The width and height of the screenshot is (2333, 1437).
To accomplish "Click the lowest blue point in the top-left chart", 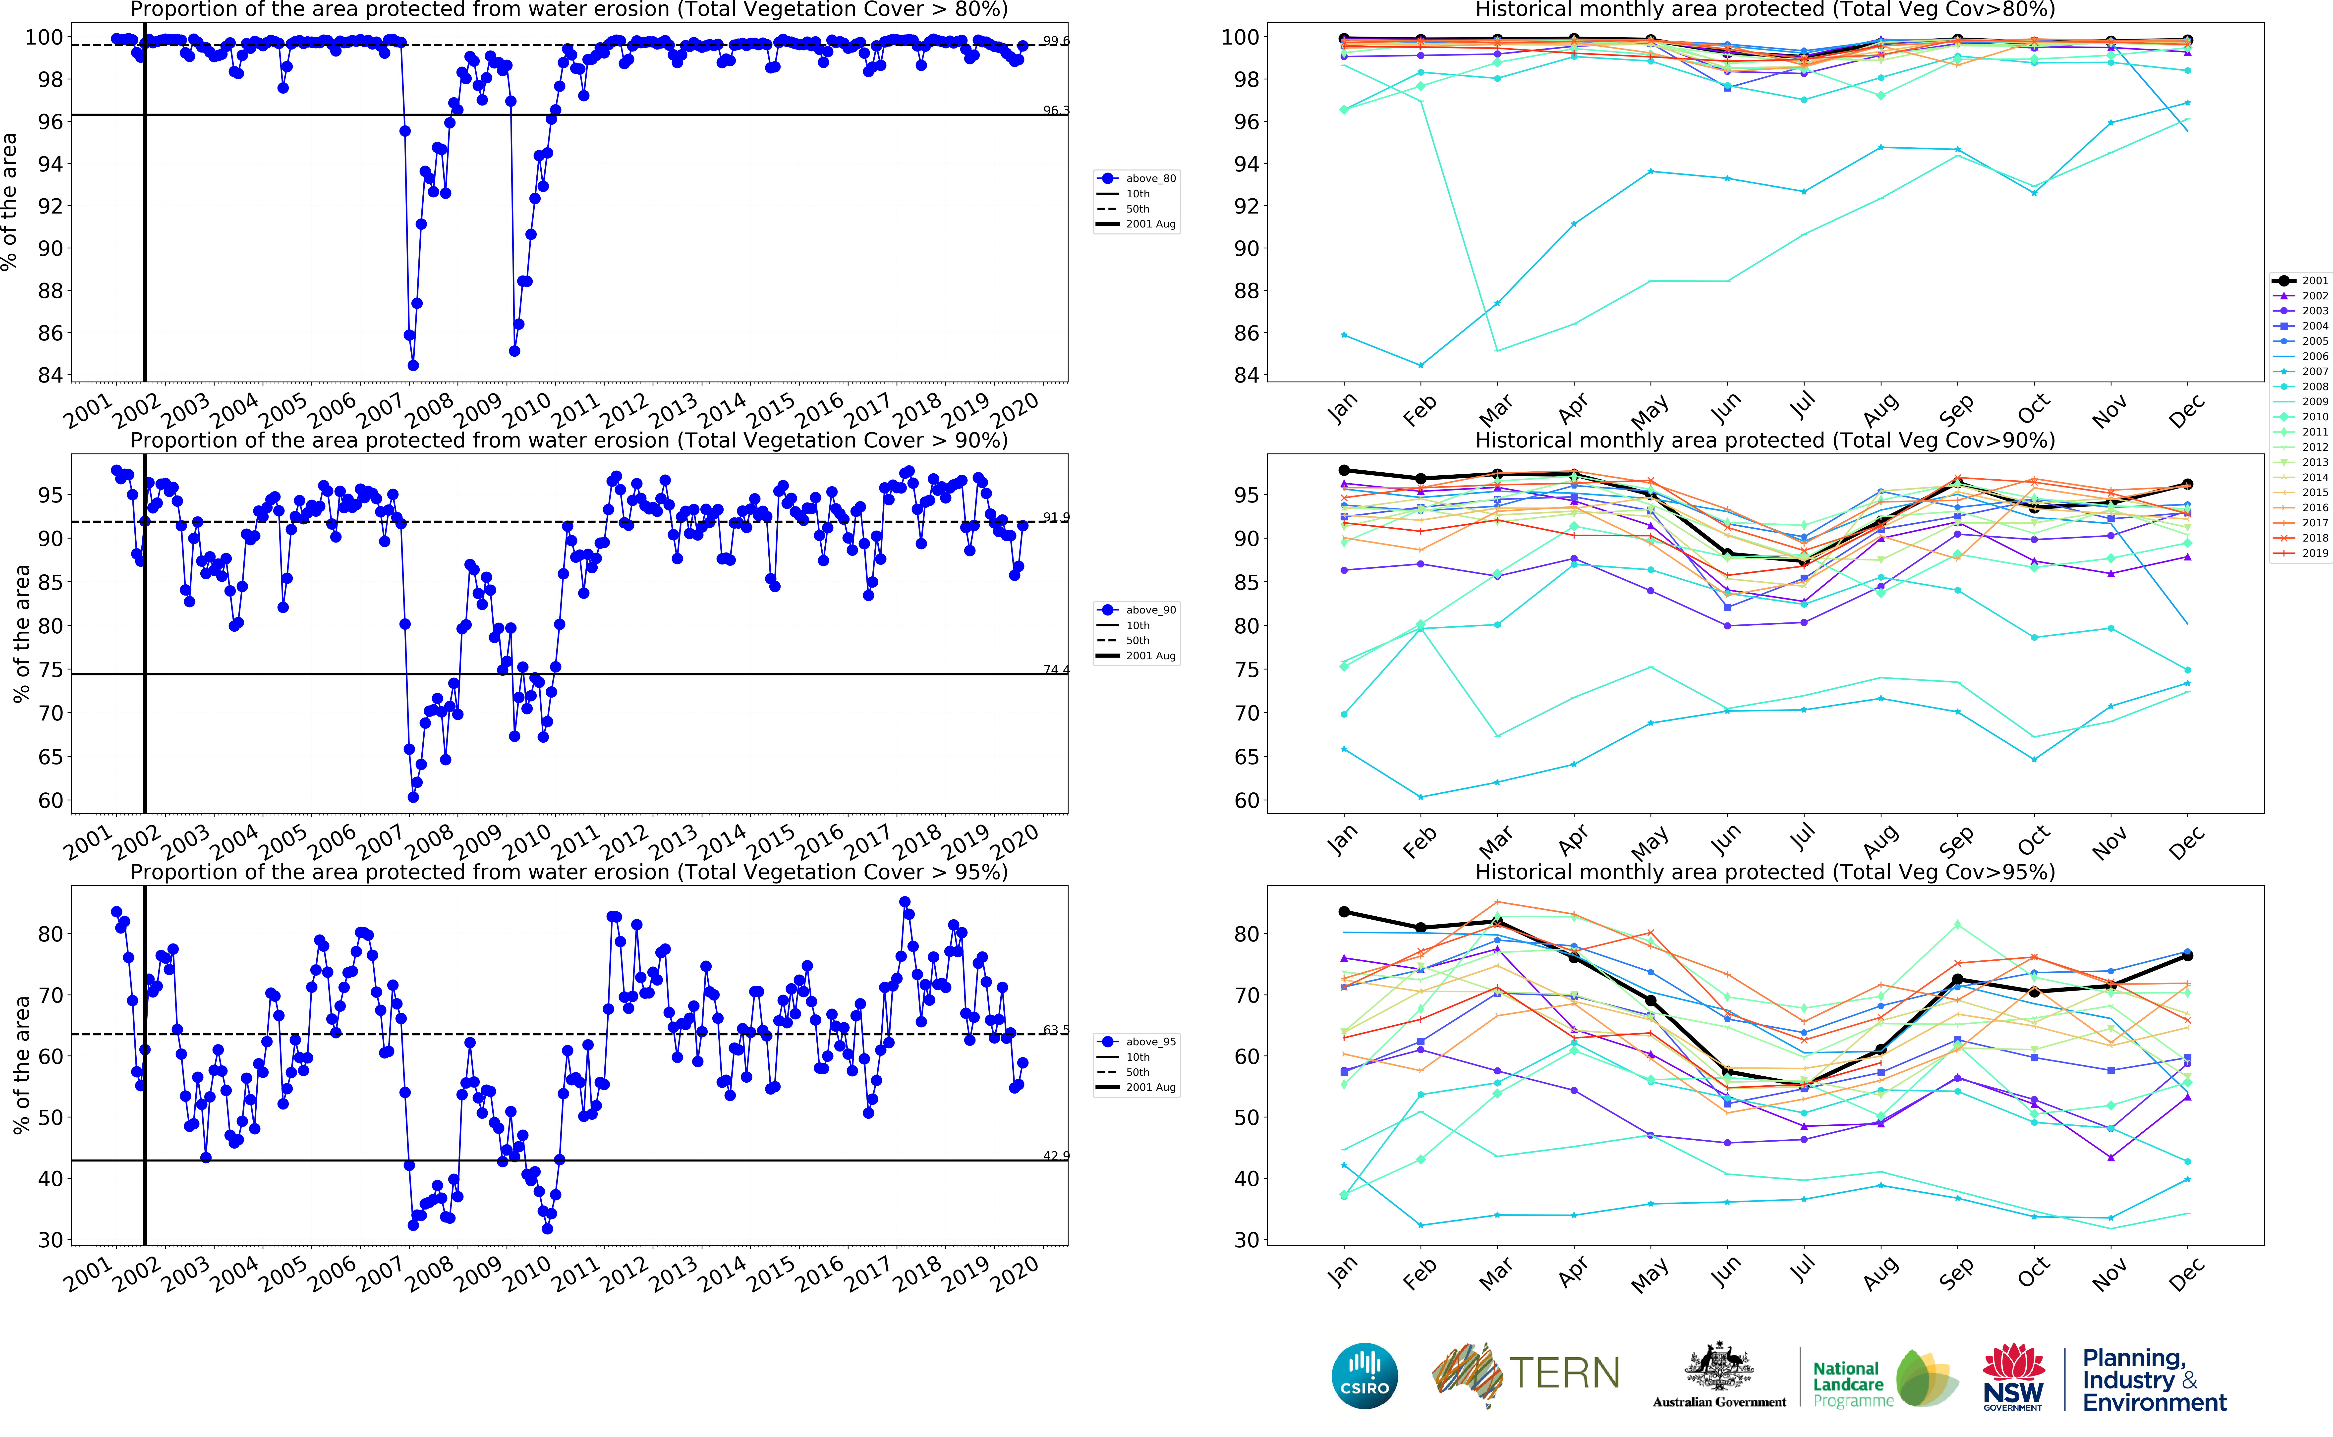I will click(x=413, y=365).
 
